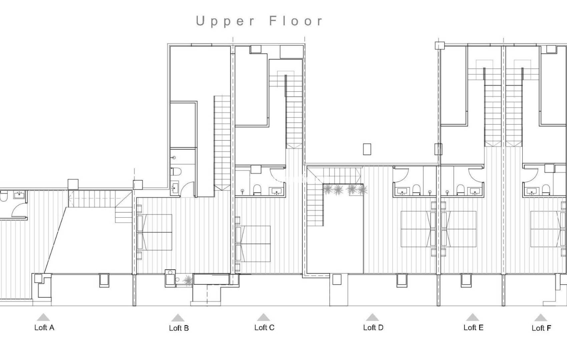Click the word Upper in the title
[x=225, y=21]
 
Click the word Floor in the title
[x=296, y=21]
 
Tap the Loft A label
[x=44, y=327]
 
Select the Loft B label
[x=179, y=328]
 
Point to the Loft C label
[x=264, y=327]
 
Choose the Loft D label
[x=373, y=327]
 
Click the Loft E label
[x=473, y=327]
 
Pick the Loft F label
[x=541, y=328]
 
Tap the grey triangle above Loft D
[x=372, y=317]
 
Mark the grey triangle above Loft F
[x=540, y=317]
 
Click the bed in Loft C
[x=255, y=244]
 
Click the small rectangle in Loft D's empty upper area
[x=367, y=149]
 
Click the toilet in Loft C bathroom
[x=257, y=190]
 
